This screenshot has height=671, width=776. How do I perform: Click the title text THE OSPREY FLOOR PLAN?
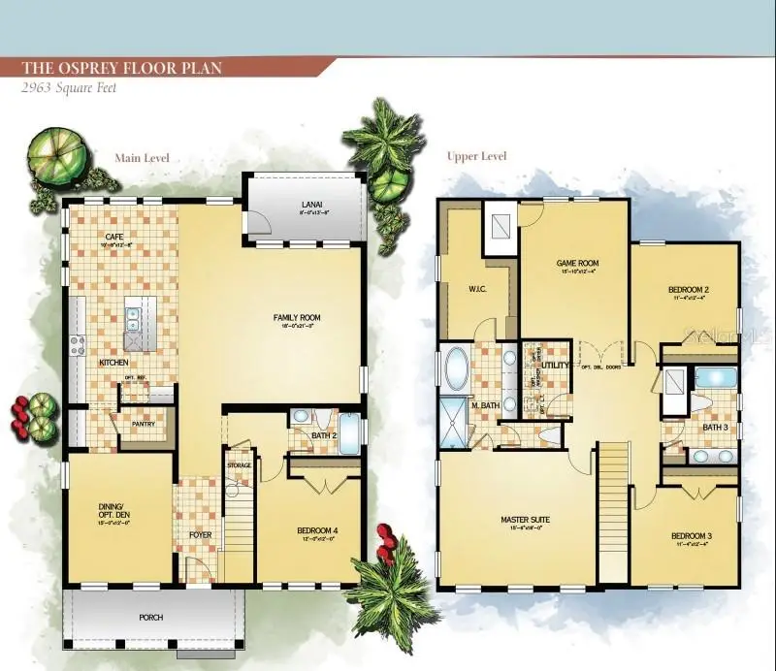click(x=123, y=67)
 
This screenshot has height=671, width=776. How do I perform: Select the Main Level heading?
click(x=142, y=157)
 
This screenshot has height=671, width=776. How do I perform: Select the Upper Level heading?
click(x=476, y=156)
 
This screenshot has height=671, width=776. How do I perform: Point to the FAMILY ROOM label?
click(x=296, y=317)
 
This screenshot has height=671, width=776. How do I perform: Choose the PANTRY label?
click(x=144, y=423)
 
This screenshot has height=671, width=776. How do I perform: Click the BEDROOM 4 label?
click(x=316, y=529)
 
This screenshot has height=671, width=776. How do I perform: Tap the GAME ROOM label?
click(x=576, y=263)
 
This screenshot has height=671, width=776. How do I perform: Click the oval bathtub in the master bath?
click(x=456, y=368)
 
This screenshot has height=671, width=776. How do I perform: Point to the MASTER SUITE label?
click(x=525, y=520)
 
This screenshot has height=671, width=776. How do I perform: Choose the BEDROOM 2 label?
click(x=688, y=290)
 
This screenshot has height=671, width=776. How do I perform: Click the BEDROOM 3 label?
click(x=690, y=535)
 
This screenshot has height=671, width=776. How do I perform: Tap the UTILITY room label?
click(x=556, y=365)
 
